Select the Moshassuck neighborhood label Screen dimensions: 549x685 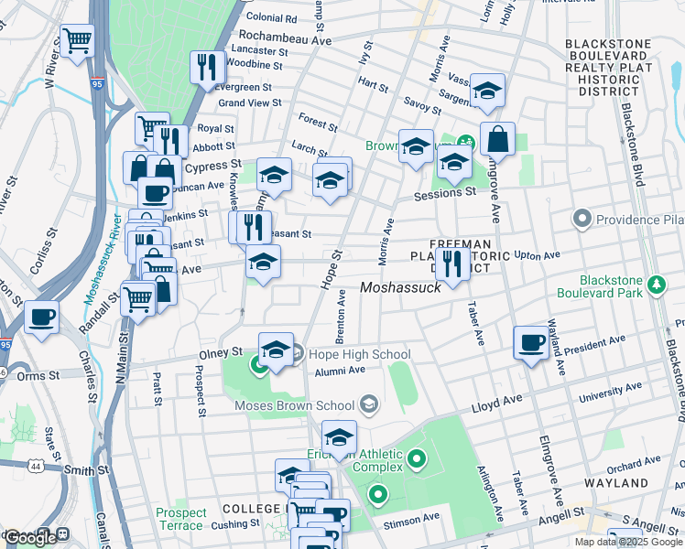click(x=400, y=287)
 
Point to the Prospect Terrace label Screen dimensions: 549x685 click(x=179, y=519)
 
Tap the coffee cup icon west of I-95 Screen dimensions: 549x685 click(x=41, y=318)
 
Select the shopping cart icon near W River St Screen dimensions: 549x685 click(x=78, y=40)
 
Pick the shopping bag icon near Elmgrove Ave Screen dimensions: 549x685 click(x=496, y=140)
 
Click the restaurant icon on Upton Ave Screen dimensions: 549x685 click(x=451, y=263)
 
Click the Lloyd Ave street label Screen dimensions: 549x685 click(x=495, y=404)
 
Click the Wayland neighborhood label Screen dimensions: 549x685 click(x=641, y=482)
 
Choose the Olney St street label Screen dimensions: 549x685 click(x=221, y=350)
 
